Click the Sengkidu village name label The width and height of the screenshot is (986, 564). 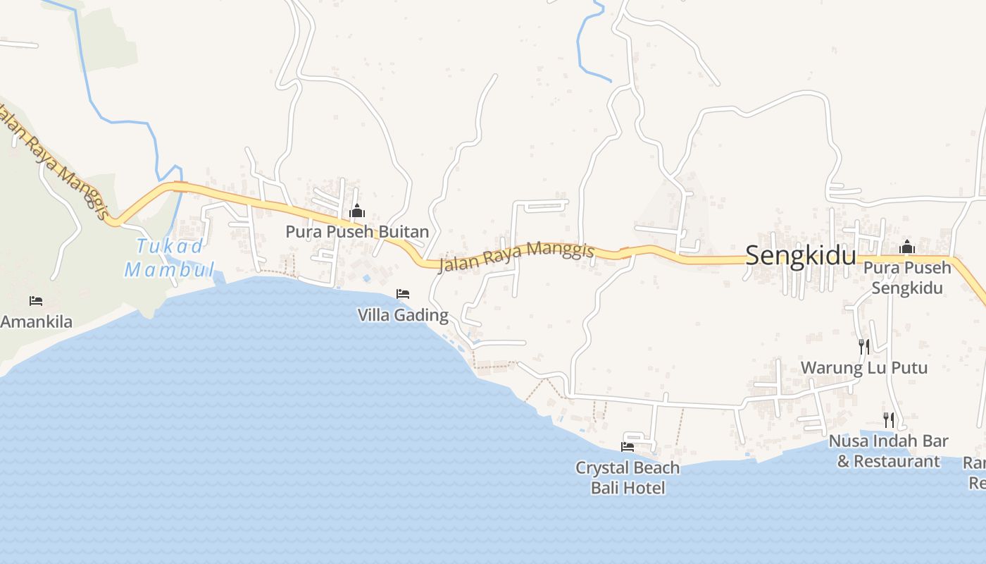tap(800, 255)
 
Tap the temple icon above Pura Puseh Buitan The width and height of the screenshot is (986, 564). tap(357, 211)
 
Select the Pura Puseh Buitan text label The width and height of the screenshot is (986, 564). tap(357, 231)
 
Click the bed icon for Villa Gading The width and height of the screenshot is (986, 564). tap(403, 293)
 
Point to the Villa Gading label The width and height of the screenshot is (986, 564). tap(403, 314)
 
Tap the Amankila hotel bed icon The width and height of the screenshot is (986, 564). tap(36, 301)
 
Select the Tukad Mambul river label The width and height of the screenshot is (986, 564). tap(170, 257)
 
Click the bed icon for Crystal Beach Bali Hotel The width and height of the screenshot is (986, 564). tap(627, 446)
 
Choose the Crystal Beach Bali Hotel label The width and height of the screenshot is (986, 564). tap(628, 477)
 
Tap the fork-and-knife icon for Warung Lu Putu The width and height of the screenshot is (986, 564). tap(864, 346)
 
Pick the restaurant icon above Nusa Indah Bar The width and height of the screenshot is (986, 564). tap(889, 420)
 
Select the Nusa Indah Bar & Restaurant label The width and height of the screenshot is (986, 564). tap(888, 451)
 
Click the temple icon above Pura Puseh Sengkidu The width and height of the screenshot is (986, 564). tap(906, 247)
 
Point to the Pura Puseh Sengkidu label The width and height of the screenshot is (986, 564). tap(907, 278)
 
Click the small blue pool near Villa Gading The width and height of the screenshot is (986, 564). tap(366, 278)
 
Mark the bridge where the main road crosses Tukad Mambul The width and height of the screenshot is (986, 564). tap(180, 187)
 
